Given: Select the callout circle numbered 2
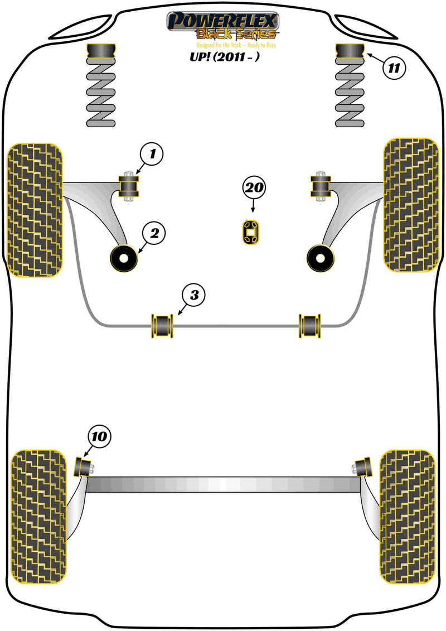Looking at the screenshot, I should pos(155,234).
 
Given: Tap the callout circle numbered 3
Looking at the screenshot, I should pos(193,296).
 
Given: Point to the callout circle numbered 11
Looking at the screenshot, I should pos(394,69).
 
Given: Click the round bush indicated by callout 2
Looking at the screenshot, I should pos(123,258).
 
